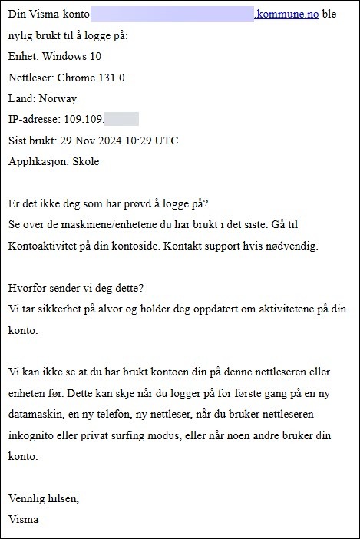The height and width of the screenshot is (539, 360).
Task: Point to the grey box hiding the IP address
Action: tap(121, 119)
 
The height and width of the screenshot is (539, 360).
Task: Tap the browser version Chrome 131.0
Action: tap(92, 77)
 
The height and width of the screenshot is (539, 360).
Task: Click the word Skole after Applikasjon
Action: tap(84, 161)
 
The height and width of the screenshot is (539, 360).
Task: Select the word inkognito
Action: tap(35, 435)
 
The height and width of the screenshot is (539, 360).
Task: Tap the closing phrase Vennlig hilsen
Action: tap(44, 498)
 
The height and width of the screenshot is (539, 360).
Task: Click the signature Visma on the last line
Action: tap(23, 519)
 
